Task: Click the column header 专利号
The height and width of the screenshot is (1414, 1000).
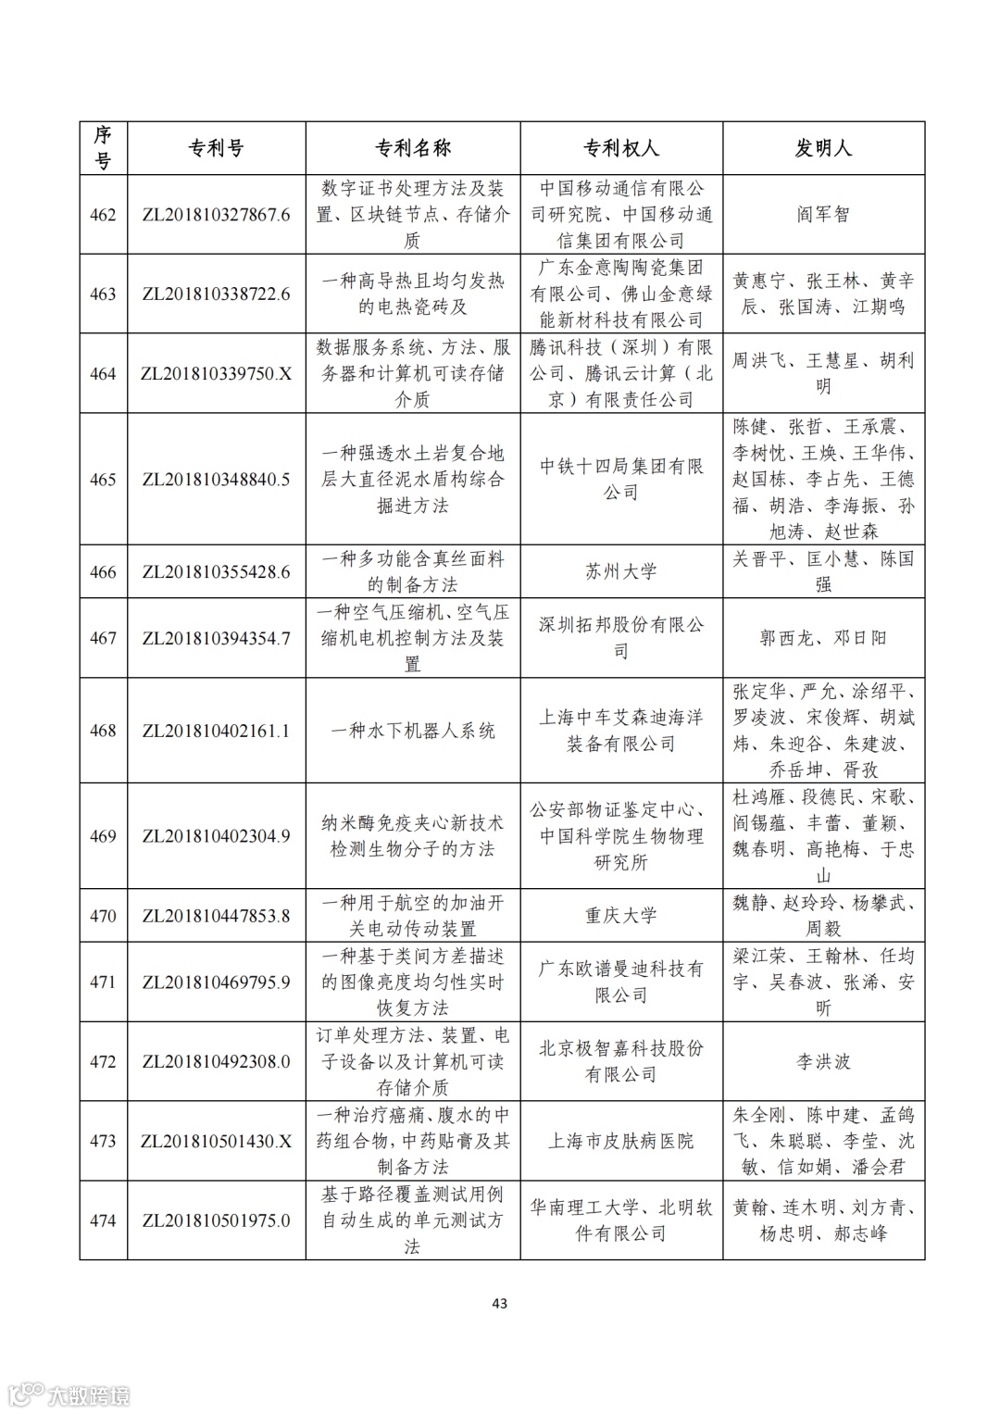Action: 216,148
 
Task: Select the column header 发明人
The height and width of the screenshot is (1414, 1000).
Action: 823,148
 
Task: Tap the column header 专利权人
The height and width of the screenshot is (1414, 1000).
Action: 620,148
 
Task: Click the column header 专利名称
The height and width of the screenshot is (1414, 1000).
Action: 412,148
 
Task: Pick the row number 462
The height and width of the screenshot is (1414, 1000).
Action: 103,215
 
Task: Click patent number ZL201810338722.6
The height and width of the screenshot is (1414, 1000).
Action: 216,294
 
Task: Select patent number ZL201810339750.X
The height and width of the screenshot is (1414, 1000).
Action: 216,374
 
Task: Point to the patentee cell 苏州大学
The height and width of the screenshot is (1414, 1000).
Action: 620,571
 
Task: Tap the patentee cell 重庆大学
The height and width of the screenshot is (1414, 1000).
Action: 620,916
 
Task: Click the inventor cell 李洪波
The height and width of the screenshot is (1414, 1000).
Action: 823,1062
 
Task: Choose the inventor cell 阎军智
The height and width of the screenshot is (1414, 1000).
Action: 823,215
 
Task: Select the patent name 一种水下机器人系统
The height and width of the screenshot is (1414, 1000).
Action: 412,731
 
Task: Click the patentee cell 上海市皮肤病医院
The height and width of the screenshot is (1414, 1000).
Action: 620,1141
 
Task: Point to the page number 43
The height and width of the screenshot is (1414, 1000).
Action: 499,1304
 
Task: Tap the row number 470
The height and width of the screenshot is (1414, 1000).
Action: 103,916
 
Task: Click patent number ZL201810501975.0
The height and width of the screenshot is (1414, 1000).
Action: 216,1220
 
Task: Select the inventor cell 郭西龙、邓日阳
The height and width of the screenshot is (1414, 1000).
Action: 823,638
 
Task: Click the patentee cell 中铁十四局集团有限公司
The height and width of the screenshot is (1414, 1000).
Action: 620,479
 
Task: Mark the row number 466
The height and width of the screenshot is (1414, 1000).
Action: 103,571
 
